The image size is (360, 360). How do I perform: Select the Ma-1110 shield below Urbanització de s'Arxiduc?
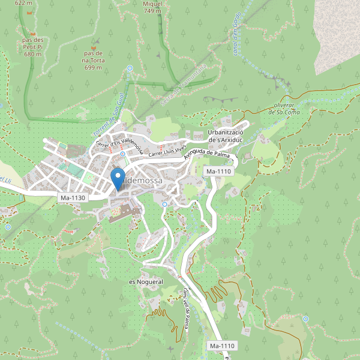click(218, 172)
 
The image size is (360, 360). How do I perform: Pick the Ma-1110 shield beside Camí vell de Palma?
click(222, 346)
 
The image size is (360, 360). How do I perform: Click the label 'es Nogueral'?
click(146, 281)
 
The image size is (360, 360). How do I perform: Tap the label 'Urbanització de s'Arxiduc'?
click(224, 136)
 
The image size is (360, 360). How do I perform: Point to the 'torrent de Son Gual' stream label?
click(108, 117)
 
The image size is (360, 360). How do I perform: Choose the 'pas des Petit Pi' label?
click(34, 47)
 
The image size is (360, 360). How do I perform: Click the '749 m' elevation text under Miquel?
click(152, 11)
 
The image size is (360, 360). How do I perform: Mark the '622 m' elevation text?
click(23, 3)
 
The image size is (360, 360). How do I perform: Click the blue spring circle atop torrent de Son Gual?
click(130, 68)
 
